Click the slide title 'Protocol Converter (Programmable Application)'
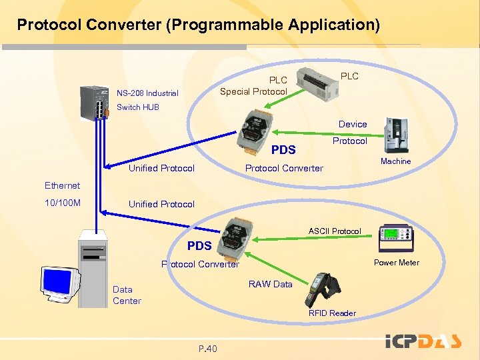(x=198, y=25)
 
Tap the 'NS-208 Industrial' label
(x=147, y=93)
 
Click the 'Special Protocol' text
(x=253, y=91)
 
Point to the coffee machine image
(x=397, y=136)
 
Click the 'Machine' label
(x=395, y=161)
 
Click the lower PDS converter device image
(x=236, y=238)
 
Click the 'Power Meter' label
(x=396, y=263)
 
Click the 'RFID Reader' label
(x=332, y=313)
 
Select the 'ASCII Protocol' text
(x=334, y=231)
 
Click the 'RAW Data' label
(x=270, y=284)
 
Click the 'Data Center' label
(x=127, y=295)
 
